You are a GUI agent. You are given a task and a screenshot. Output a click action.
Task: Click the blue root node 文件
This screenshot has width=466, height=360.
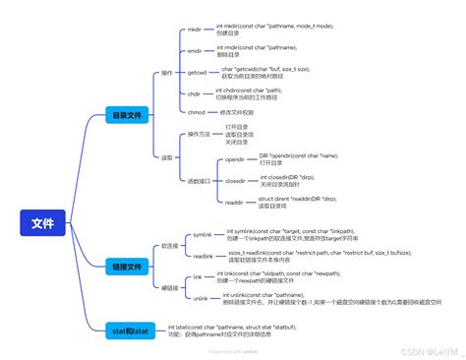click(x=43, y=223)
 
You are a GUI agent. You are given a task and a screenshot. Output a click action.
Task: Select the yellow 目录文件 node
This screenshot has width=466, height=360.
click(x=132, y=116)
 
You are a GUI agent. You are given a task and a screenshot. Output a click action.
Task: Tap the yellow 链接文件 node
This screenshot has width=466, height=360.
click(x=132, y=266)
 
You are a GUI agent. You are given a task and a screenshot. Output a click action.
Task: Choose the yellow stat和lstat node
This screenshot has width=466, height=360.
click(x=132, y=330)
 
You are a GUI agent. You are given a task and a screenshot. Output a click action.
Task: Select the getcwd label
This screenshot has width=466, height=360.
click(x=197, y=72)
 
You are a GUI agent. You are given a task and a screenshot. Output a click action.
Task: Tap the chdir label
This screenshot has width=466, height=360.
click(x=195, y=94)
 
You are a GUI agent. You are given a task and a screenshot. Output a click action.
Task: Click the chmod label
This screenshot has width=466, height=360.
click(x=196, y=113)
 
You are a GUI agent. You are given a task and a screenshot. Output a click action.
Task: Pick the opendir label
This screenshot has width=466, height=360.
click(x=235, y=158)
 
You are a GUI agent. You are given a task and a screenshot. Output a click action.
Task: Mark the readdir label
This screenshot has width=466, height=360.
click(x=234, y=203)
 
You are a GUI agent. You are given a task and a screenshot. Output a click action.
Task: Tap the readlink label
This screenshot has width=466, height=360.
click(x=203, y=256)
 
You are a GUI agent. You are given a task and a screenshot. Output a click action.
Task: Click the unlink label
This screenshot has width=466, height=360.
click(x=201, y=297)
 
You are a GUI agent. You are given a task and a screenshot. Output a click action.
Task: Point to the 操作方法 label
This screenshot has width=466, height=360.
click(x=199, y=134)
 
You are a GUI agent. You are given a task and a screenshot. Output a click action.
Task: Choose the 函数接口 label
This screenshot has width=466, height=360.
click(x=199, y=181)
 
